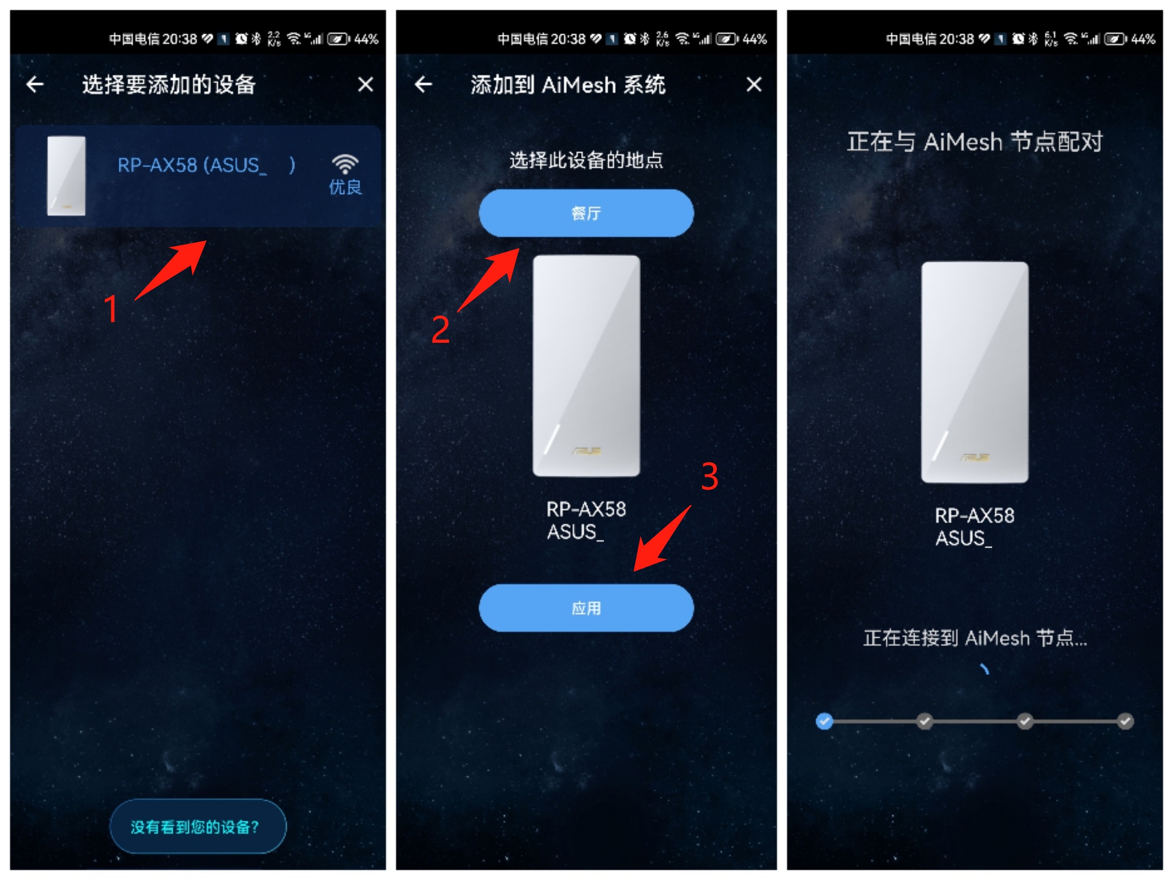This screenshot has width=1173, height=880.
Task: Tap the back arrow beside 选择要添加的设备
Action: [35, 84]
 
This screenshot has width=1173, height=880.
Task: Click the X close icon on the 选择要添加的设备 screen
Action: [365, 84]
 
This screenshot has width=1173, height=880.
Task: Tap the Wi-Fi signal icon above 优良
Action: [345, 163]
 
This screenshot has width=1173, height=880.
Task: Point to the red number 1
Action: [111, 309]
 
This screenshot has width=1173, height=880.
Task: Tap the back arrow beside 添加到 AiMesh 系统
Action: [424, 84]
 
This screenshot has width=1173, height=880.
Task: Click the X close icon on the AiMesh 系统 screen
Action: [754, 84]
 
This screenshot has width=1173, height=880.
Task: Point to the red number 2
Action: [440, 329]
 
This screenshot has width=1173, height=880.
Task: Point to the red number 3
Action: [710, 476]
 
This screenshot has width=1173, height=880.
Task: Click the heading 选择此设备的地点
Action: [586, 160]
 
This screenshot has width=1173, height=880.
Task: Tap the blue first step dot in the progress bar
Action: [824, 721]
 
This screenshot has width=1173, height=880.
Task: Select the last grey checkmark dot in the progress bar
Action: [1125, 721]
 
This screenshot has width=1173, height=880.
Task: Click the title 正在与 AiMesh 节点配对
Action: [975, 142]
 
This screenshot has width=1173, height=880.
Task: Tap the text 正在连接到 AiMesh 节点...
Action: [975, 638]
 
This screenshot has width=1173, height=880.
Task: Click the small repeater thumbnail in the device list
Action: [66, 175]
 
